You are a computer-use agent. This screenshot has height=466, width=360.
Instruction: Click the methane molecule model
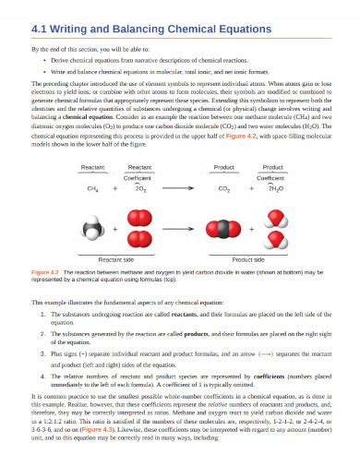(x=93, y=227)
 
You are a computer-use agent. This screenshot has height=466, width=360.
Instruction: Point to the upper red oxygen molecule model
(x=140, y=217)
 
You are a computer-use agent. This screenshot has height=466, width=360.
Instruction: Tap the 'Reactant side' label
(x=118, y=261)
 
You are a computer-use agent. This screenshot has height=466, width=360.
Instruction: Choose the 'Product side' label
(x=247, y=261)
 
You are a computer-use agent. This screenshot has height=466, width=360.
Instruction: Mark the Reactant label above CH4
(x=93, y=167)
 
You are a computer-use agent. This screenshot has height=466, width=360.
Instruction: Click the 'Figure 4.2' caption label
(x=45, y=273)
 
